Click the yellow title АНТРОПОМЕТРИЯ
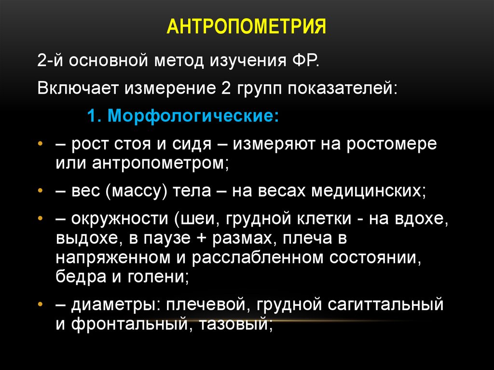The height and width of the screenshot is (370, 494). tap(247, 27)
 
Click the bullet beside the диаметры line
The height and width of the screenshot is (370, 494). tap(41, 305)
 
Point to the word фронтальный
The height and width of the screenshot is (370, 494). tap(127, 323)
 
